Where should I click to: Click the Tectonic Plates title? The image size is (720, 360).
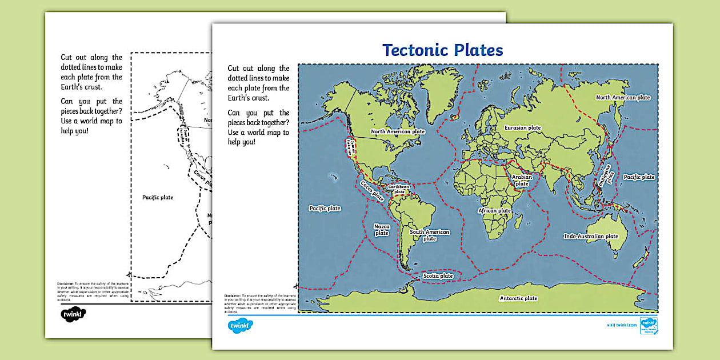[443, 50]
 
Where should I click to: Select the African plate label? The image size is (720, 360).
[494, 211]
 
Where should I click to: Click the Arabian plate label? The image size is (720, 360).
[522, 181]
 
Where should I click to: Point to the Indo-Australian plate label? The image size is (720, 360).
[591, 237]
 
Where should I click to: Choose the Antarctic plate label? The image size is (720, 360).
[518, 298]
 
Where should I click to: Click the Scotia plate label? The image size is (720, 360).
[438, 276]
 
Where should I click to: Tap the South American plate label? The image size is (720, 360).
[430, 235]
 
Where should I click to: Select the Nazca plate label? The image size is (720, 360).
[382, 230]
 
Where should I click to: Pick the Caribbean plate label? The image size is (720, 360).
[399, 189]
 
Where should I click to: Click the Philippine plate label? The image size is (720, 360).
[605, 175]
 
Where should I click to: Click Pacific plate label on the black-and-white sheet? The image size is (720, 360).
[157, 198]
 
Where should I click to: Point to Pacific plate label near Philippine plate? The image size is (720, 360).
[639, 177]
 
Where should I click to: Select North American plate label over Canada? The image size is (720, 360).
[398, 131]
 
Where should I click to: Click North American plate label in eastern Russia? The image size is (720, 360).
[623, 98]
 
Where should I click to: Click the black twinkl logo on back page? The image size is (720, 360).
[73, 315]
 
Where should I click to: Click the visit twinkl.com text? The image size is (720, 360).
[621, 325]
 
